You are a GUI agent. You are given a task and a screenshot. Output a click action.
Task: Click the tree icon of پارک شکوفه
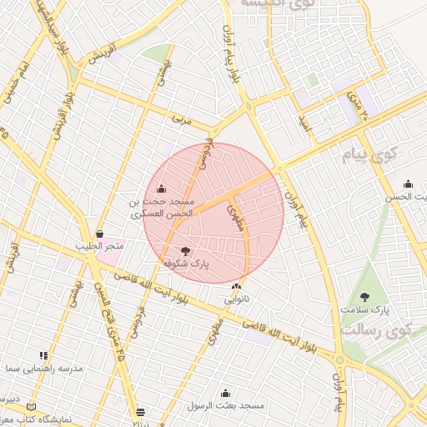tap(185, 249)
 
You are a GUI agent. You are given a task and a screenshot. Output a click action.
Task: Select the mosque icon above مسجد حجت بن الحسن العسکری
tap(161, 188)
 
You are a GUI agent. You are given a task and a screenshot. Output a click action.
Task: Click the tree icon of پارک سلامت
tap(364, 296)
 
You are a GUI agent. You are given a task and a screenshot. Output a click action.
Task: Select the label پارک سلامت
tap(364, 309)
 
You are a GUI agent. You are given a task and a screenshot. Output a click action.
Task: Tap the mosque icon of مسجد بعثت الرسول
tap(225, 393)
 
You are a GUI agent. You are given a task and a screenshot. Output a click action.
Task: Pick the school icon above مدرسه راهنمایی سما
tap(43, 355)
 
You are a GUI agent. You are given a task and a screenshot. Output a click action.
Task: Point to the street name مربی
tap(181, 120)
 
